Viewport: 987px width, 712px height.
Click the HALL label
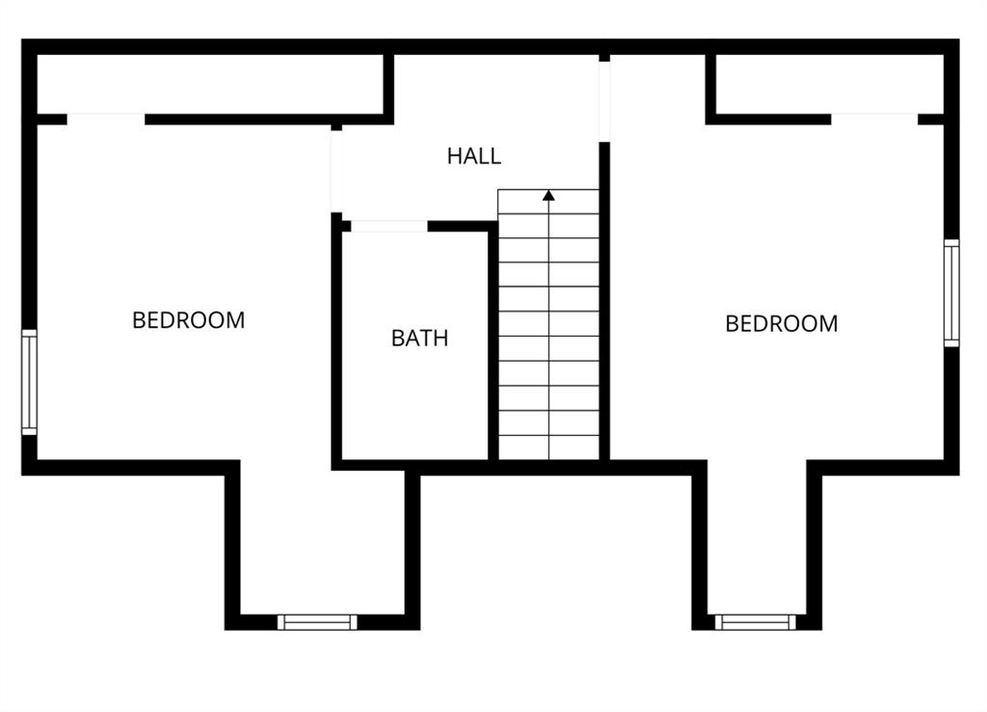click(x=474, y=155)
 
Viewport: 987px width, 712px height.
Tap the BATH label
click(x=420, y=339)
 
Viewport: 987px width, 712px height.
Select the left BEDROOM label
click(x=189, y=320)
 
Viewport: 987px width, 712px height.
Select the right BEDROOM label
click(x=782, y=324)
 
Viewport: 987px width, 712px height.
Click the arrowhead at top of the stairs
click(x=548, y=195)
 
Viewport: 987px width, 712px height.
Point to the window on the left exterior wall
click(x=30, y=382)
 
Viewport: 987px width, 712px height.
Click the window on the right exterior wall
click(x=951, y=293)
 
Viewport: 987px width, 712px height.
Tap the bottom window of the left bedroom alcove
click(x=317, y=622)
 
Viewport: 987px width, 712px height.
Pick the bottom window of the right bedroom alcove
click(x=756, y=622)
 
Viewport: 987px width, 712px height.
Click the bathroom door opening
click(x=389, y=226)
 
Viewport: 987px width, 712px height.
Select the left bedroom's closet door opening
click(x=106, y=120)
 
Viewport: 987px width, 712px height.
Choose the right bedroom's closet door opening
click(x=874, y=120)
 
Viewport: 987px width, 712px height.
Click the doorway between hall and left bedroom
click(x=336, y=172)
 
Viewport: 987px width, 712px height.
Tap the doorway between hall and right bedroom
click(x=604, y=101)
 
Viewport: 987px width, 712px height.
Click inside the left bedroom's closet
click(x=210, y=85)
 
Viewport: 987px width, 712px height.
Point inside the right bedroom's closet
click(x=830, y=85)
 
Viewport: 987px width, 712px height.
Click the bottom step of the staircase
click(x=548, y=448)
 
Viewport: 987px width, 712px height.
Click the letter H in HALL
click(x=454, y=155)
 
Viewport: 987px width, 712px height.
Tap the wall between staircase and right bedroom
click(x=604, y=301)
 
